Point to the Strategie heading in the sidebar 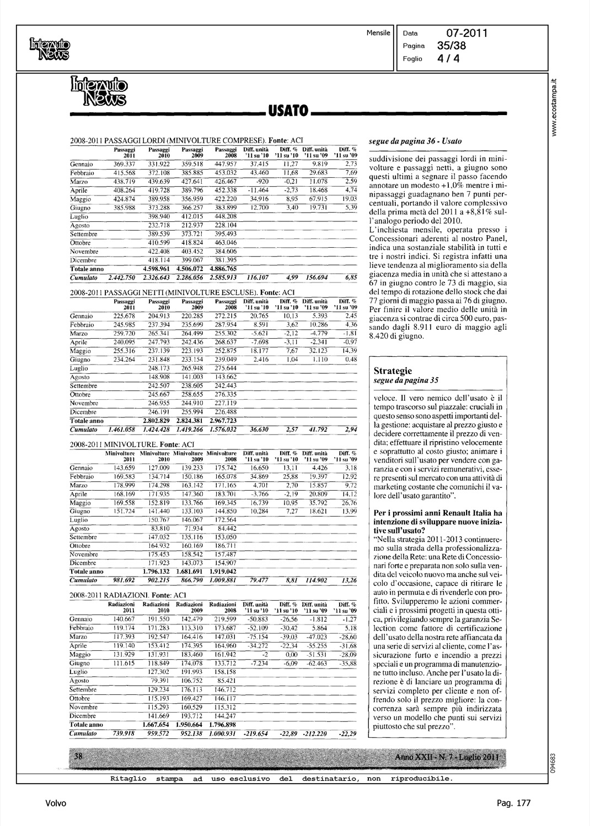[x=393, y=371]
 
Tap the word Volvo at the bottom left [x=56, y=803]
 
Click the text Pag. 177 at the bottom [x=513, y=803]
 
